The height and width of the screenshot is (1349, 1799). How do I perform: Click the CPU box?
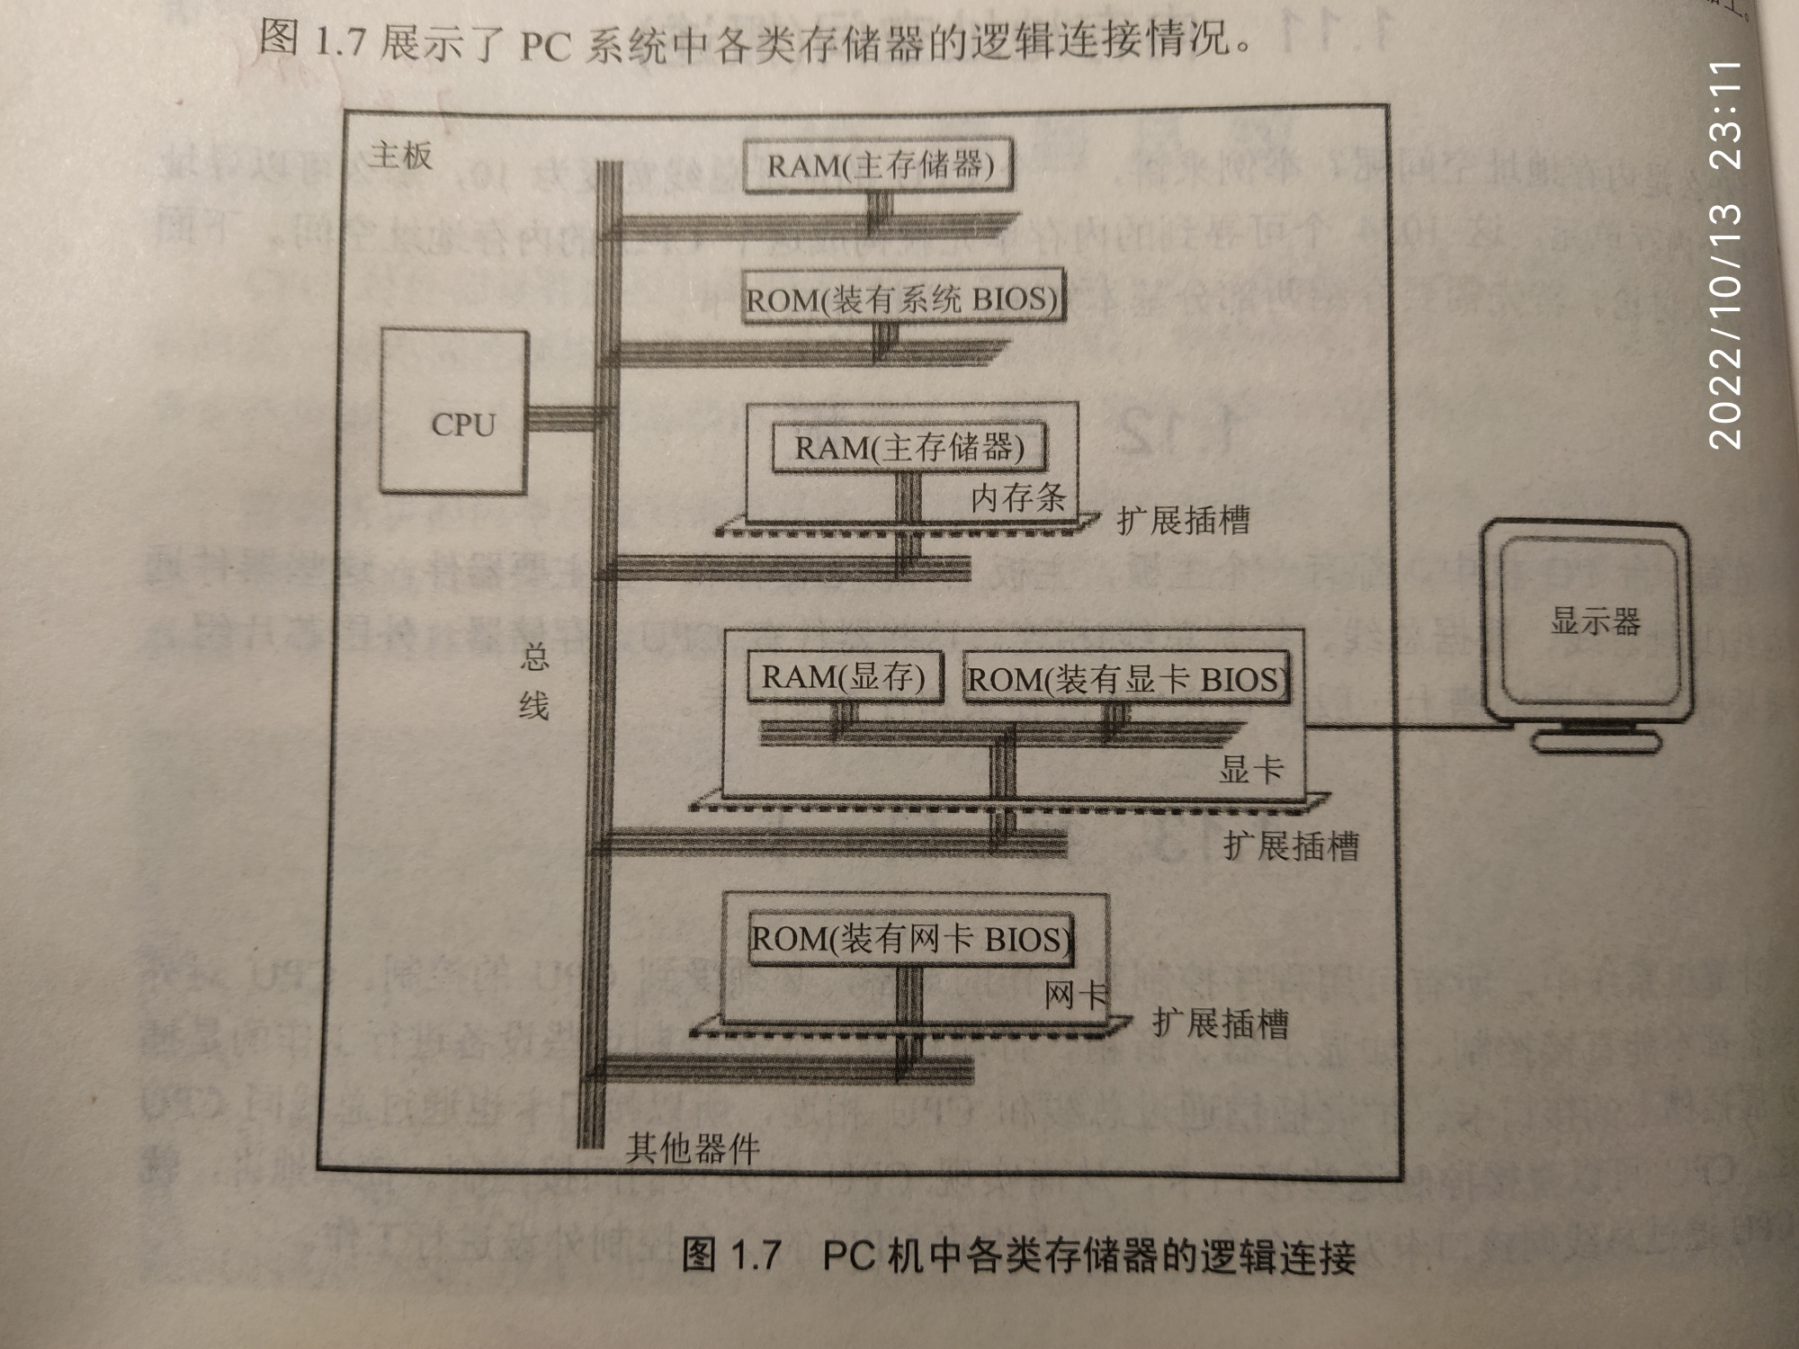[x=453, y=412]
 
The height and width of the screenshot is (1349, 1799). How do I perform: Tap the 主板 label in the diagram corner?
[x=400, y=156]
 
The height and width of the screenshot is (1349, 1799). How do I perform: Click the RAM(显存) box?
[x=844, y=677]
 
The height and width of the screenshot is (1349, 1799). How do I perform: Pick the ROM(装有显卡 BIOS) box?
[x=1124, y=679]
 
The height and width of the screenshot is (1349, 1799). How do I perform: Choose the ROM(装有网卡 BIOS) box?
[x=911, y=940]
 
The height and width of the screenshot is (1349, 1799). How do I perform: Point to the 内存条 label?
[x=1017, y=497]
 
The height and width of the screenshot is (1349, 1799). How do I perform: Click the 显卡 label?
[x=1250, y=770]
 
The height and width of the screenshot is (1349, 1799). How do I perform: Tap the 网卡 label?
[x=1075, y=996]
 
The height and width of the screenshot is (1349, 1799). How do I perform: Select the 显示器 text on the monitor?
[x=1595, y=621]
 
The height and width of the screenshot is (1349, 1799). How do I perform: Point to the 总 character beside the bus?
[x=534, y=657]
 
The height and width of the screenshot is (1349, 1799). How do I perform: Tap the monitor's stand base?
[x=1595, y=741]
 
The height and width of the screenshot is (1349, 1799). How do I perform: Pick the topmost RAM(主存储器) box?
[x=880, y=165]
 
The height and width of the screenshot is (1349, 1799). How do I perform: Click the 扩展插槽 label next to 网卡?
[x=1221, y=1023]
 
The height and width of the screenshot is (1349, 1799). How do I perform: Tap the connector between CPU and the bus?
[x=562, y=418]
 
